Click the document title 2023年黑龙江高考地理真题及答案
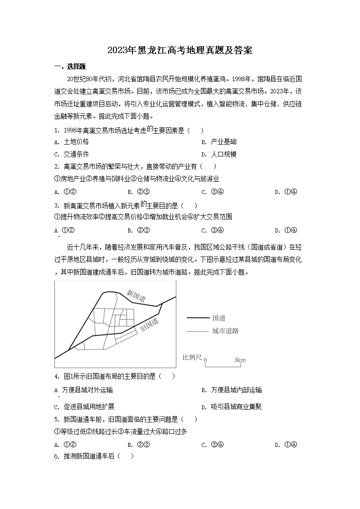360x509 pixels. (x=180, y=50)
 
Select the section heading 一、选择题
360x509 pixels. (x=70, y=67)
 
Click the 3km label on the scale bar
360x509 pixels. (x=240, y=360)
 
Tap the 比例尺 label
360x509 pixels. (x=192, y=358)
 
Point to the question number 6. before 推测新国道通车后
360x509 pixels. (x=57, y=456)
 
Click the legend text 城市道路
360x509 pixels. (x=225, y=331)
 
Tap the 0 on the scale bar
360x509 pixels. (x=205, y=360)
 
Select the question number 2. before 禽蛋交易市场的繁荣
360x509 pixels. (x=57, y=166)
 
